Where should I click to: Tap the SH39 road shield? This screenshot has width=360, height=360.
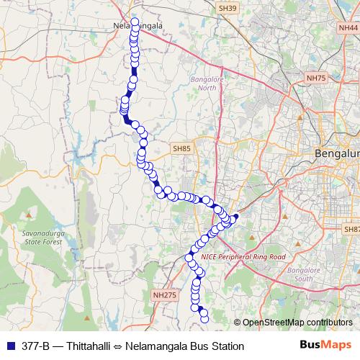point(228,8)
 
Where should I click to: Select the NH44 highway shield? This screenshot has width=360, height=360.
point(348,27)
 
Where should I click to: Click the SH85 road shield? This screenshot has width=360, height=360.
point(181,148)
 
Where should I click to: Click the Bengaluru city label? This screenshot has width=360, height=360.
point(338,154)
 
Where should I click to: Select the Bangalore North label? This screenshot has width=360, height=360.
point(203,84)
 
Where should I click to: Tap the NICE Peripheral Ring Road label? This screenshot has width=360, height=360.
point(243,256)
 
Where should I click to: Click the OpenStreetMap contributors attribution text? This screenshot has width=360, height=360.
point(292,322)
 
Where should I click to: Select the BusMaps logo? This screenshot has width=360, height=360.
point(325,346)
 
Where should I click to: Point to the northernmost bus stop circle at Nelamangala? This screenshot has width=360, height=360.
point(135,22)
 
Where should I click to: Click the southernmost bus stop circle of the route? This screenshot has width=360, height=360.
point(204,318)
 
